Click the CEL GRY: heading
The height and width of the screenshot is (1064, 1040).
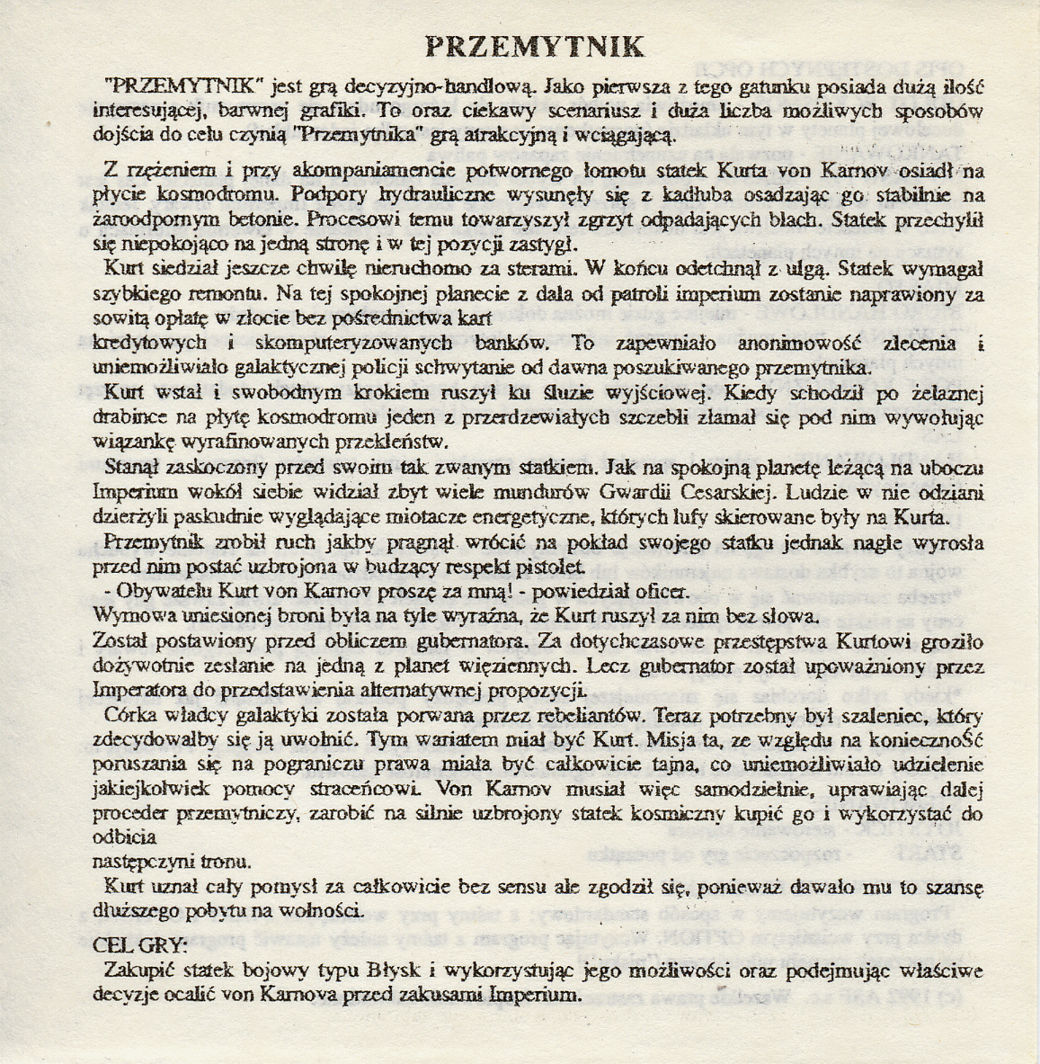[x=140, y=946]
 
